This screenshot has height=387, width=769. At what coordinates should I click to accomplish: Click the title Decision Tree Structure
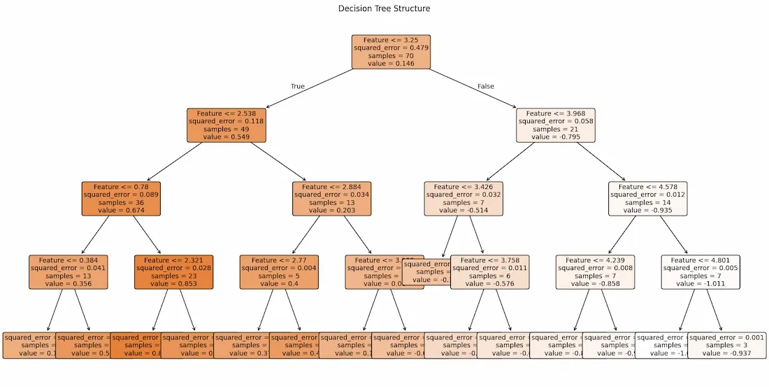(x=384, y=8)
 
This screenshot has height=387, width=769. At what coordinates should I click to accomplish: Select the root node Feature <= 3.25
(x=391, y=52)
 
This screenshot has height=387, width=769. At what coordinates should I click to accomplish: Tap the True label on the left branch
(x=298, y=87)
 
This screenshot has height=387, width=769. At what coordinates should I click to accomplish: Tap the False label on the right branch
(x=486, y=87)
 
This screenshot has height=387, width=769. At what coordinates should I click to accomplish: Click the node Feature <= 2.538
(x=227, y=125)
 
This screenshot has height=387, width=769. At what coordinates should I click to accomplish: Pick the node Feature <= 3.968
(x=556, y=125)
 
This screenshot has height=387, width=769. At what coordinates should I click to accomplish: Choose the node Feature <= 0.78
(x=121, y=199)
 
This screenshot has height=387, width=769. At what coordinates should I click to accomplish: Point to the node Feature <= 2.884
(x=331, y=199)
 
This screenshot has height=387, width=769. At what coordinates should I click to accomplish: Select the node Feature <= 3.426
(x=463, y=199)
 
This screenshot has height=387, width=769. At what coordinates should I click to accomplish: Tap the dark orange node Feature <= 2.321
(x=173, y=272)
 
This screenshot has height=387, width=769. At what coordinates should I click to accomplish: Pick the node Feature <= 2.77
(x=279, y=272)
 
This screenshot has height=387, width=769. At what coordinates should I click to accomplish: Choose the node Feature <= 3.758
(x=489, y=272)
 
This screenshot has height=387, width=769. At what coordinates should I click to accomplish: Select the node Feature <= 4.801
(x=700, y=272)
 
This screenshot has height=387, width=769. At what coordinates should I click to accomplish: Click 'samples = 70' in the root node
(x=391, y=55)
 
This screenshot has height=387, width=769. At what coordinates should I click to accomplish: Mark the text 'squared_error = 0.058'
(x=556, y=121)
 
